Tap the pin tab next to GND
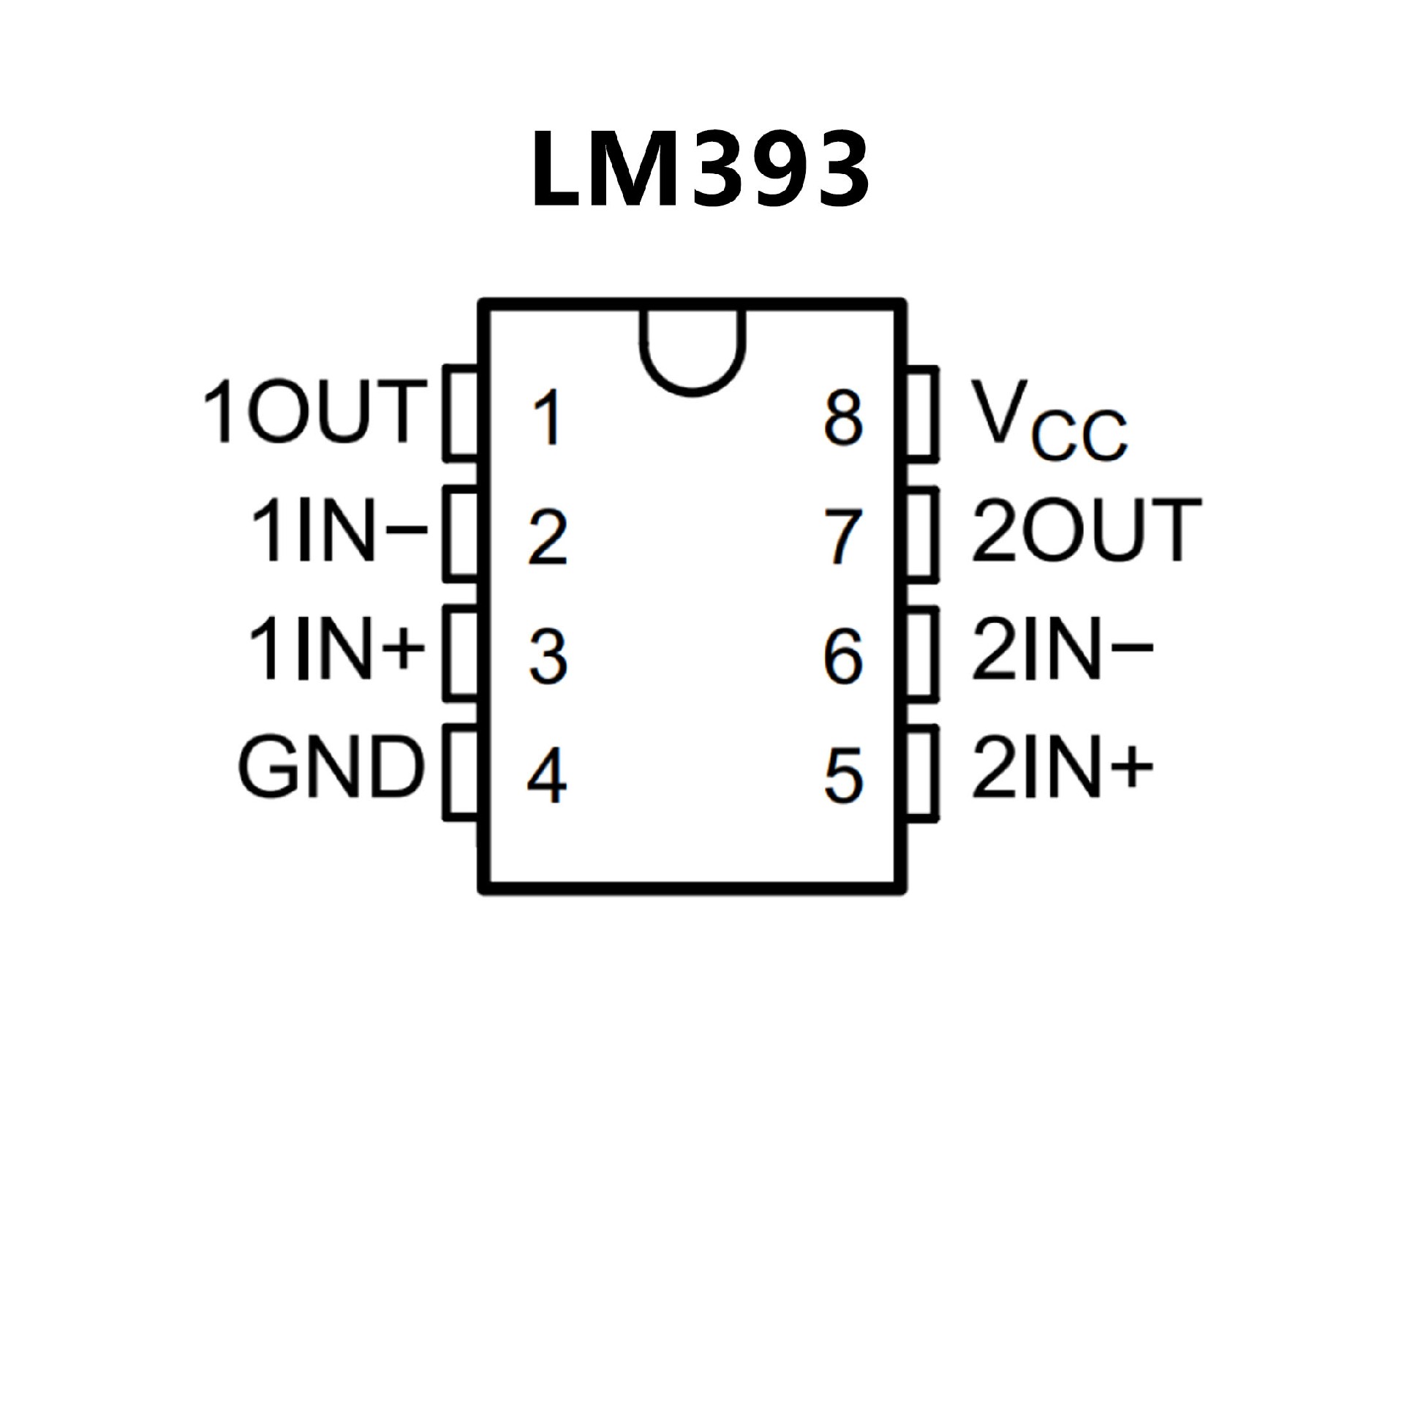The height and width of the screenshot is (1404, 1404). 461,771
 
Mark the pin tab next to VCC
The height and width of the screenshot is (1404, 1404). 922,414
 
